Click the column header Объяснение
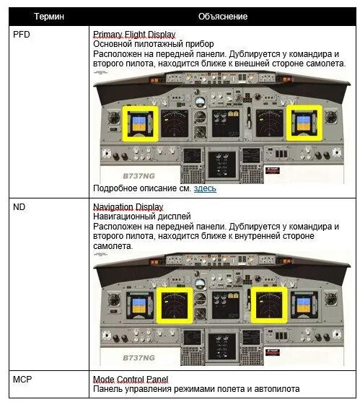point(223,16)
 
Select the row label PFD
point(22,34)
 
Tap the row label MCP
point(23,379)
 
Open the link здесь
point(204,189)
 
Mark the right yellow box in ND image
point(270,305)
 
